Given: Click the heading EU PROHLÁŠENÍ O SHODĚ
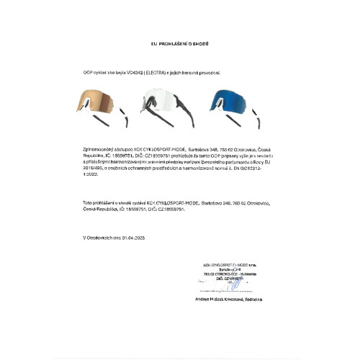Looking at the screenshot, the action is tap(179, 44).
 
